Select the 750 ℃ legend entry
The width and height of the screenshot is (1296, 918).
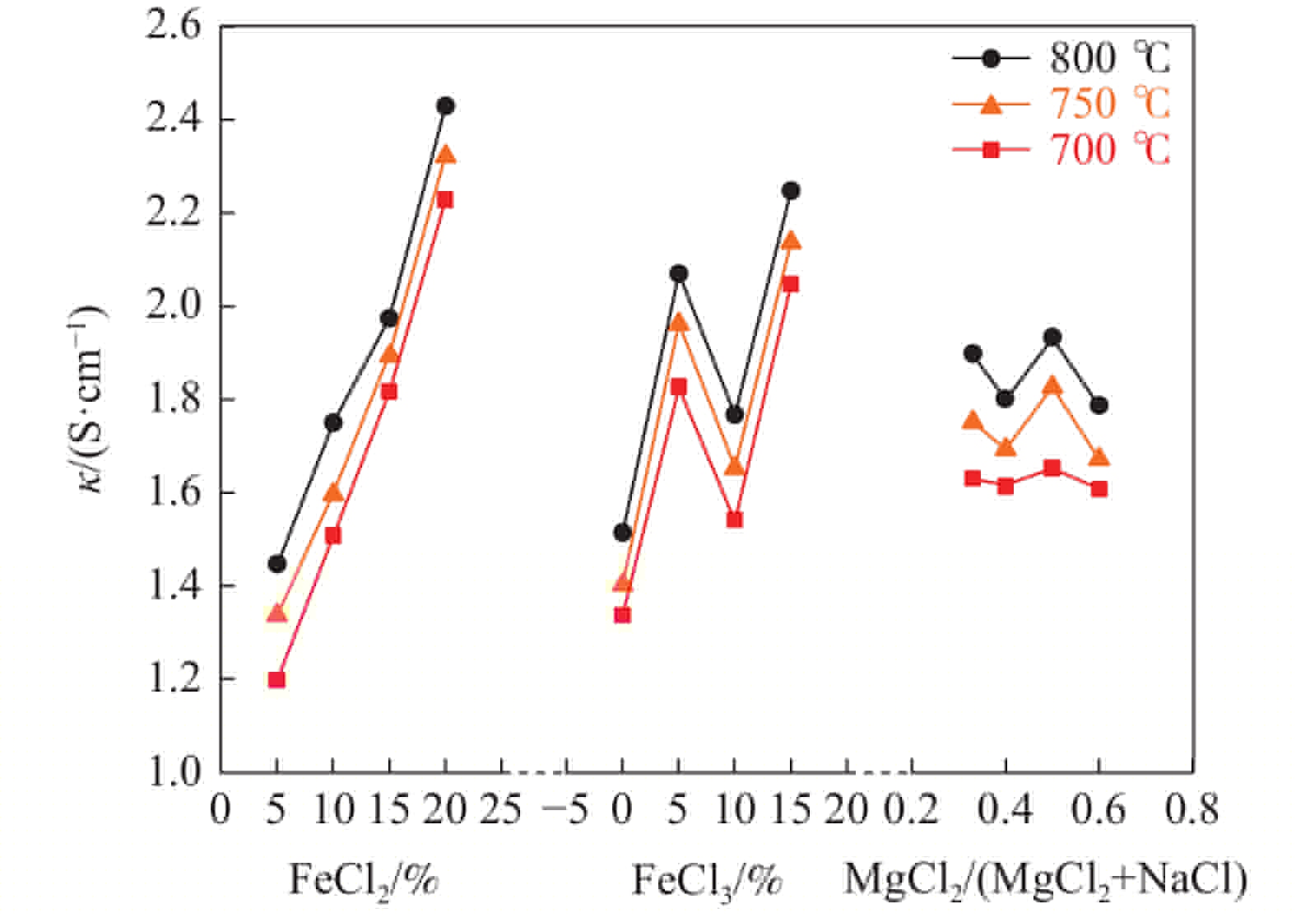pyautogui.click(x=1061, y=104)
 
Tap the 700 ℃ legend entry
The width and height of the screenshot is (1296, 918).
pyautogui.click(x=1061, y=150)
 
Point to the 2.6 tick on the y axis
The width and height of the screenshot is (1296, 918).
pyautogui.click(x=172, y=27)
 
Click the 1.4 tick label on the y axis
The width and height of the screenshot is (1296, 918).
pyautogui.click(x=172, y=586)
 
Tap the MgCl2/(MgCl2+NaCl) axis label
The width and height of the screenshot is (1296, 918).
pyautogui.click(x=1045, y=879)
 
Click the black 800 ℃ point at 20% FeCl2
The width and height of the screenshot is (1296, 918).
pyautogui.click(x=445, y=106)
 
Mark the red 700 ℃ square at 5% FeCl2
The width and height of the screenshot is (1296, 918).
pyautogui.click(x=276, y=680)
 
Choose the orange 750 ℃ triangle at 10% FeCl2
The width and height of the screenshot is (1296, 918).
pyautogui.click(x=332, y=493)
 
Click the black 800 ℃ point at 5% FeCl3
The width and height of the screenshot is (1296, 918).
pyautogui.click(x=678, y=273)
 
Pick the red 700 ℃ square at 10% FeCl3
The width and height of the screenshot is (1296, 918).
pyautogui.click(x=734, y=520)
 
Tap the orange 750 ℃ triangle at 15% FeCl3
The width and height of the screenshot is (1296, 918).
pyautogui.click(x=791, y=240)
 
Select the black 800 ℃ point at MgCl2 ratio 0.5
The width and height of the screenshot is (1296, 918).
pyautogui.click(x=1052, y=337)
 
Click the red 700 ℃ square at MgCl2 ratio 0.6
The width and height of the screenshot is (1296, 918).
pyautogui.click(x=1099, y=489)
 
